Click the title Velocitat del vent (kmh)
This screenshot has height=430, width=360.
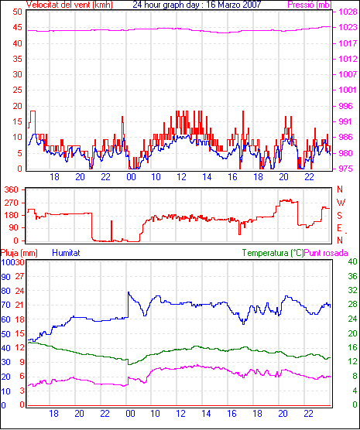click(x=69, y=5)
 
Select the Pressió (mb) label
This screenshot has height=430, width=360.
click(x=310, y=5)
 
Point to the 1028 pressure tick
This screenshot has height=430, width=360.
click(x=348, y=12)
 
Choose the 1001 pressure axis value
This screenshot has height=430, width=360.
click(x=348, y=90)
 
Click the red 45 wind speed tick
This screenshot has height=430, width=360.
click(x=17, y=27)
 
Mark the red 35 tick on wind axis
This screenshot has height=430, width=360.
click(x=17, y=59)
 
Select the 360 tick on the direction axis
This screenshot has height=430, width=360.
click(x=12, y=189)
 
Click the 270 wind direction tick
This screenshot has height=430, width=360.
click(x=12, y=203)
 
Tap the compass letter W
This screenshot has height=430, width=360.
click(x=341, y=203)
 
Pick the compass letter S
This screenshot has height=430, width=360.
click(x=340, y=216)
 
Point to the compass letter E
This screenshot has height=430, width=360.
click(x=339, y=228)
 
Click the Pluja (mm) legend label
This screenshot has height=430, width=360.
click(x=19, y=253)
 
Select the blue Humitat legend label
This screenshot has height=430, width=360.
click(x=66, y=253)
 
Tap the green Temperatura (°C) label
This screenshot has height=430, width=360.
click(x=273, y=253)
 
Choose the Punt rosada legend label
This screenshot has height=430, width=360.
click(x=326, y=253)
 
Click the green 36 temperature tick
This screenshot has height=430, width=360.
click(x=352, y=276)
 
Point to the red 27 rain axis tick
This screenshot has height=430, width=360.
click(x=20, y=276)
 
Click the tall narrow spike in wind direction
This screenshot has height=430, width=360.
click(x=111, y=230)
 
